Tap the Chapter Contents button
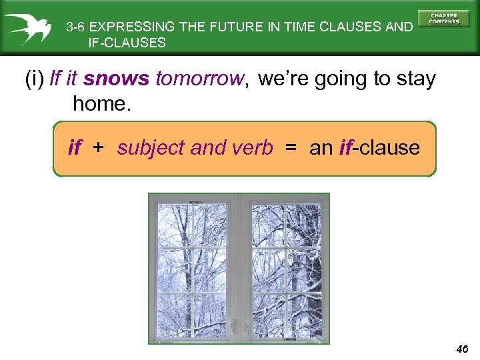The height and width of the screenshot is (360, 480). [x=444, y=19]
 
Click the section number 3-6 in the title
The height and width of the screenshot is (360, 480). [x=75, y=28]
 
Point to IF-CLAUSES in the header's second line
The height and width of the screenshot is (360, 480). [x=127, y=43]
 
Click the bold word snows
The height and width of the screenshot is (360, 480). [x=117, y=79]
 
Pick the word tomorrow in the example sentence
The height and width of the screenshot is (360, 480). [x=200, y=79]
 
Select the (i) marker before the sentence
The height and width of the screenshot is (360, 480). [x=34, y=79]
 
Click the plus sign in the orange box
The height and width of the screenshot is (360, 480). [x=98, y=147]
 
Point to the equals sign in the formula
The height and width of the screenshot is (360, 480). [x=291, y=147]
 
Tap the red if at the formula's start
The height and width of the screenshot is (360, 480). [x=74, y=147]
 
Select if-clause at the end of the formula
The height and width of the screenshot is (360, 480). [x=379, y=147]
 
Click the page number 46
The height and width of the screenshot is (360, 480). [x=462, y=348]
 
